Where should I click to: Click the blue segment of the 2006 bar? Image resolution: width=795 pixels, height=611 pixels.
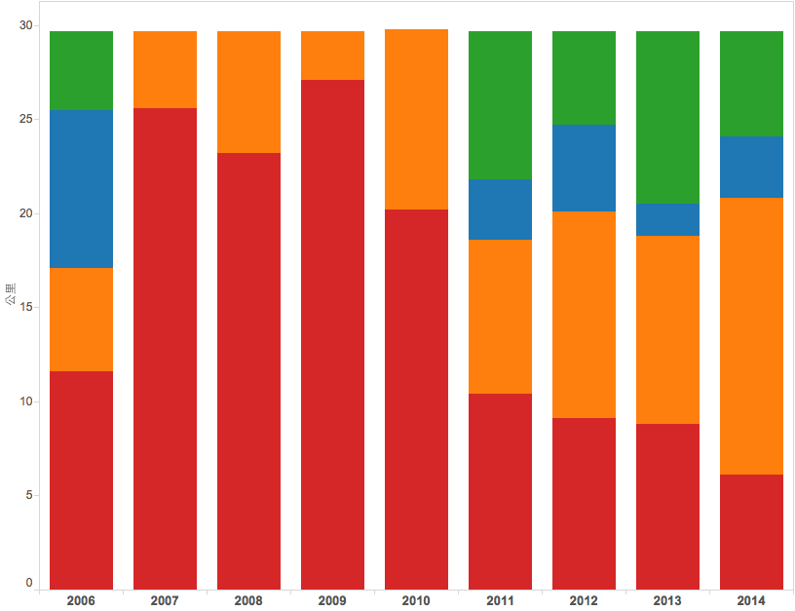[x=82, y=189]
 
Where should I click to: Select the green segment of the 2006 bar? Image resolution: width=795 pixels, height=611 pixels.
[x=82, y=71]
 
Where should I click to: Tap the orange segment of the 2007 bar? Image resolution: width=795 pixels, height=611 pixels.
[x=166, y=69]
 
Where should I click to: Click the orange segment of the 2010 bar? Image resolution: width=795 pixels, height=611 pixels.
[x=417, y=119]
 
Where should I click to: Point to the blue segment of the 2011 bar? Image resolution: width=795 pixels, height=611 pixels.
[x=501, y=210]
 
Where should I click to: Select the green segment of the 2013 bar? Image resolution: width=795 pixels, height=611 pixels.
[x=668, y=117]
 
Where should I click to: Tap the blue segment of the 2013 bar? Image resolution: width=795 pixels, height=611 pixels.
[x=668, y=219]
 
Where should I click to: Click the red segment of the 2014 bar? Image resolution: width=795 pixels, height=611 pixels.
[x=752, y=531]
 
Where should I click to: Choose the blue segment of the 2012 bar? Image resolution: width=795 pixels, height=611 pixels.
[x=585, y=168]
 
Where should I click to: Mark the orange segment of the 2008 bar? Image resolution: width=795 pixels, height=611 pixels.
[x=249, y=92]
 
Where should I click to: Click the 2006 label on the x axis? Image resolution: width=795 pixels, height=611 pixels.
[x=82, y=601]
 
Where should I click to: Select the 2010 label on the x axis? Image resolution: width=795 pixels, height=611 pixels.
[x=417, y=601]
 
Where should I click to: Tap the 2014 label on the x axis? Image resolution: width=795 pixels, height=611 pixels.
[x=752, y=601]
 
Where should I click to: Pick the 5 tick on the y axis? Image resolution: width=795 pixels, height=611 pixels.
[x=28, y=495]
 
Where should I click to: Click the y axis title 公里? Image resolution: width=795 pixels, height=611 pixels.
[x=11, y=296]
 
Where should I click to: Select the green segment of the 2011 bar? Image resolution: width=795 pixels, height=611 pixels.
[x=501, y=105]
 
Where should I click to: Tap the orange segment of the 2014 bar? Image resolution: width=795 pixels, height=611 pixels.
[x=752, y=336]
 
